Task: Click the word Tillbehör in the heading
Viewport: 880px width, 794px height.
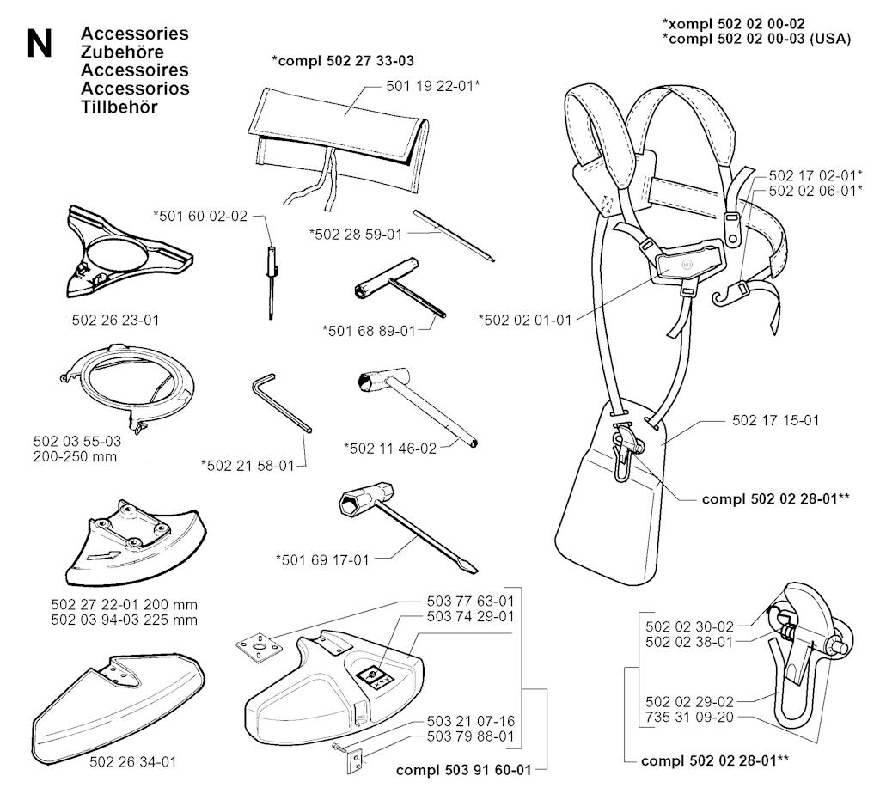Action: (119, 107)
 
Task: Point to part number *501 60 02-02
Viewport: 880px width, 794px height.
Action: (199, 216)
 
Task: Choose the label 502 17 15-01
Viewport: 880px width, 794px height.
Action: (774, 421)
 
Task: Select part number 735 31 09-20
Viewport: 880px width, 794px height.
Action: (688, 717)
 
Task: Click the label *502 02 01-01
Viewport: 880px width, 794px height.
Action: (524, 320)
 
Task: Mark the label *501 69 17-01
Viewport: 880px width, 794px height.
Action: (321, 559)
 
